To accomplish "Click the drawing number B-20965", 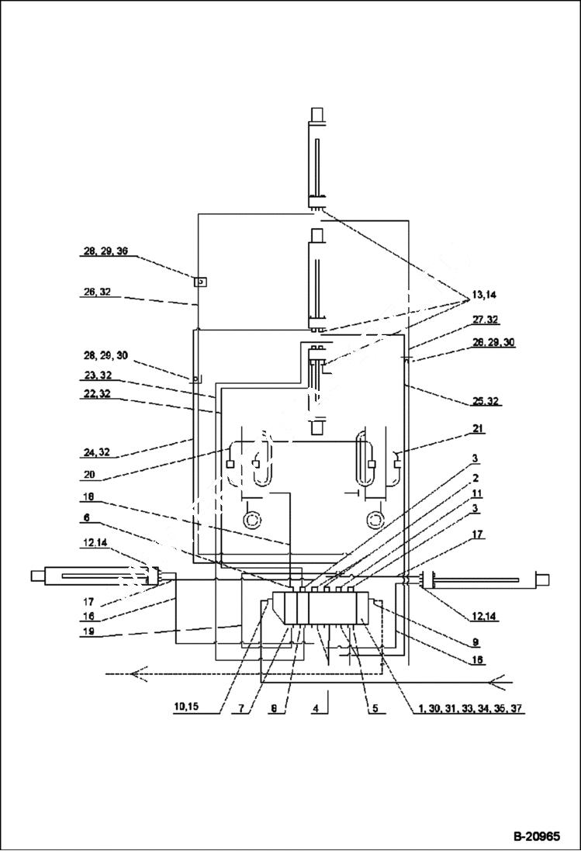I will point(536,837).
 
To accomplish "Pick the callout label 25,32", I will point(486,401).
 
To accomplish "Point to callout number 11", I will point(479,493).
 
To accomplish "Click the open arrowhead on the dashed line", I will point(139,673).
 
